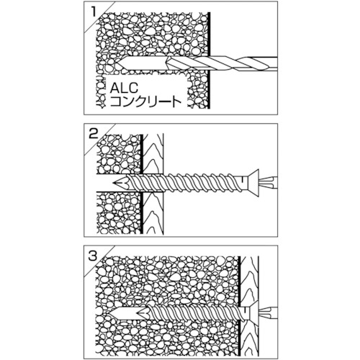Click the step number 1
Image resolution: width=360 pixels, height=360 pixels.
93,12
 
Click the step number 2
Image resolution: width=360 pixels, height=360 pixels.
94,134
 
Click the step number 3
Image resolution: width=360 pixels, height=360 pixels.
93,256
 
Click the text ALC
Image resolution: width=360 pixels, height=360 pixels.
124,88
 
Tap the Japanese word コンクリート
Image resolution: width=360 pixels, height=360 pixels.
145,102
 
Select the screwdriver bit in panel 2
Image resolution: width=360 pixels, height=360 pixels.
269,183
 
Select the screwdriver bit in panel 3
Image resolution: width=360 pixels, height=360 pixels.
269,312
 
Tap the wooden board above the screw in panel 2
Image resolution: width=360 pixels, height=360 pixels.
153,153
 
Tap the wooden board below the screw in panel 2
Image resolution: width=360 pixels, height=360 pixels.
153,212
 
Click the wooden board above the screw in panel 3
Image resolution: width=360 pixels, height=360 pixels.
250,281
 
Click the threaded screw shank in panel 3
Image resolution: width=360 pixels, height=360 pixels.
194,312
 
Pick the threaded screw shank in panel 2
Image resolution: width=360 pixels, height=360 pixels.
182,183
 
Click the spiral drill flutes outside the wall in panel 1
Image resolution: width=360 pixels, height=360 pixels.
243,64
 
